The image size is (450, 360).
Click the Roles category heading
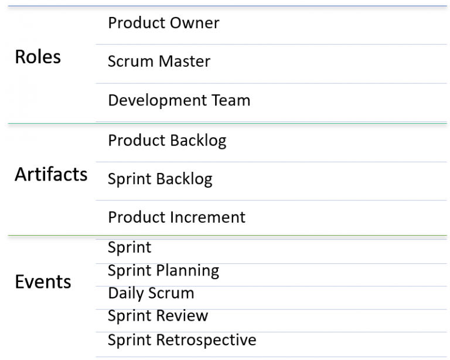point(38,56)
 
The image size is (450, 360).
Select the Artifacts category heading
point(51,174)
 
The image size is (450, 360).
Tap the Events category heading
point(43,281)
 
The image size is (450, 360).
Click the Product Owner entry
point(163,23)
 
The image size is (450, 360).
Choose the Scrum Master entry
point(159,61)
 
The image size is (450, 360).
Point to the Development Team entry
point(179,100)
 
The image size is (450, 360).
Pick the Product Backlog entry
point(167,141)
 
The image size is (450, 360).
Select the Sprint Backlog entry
point(160,179)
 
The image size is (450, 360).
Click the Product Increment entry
point(177,217)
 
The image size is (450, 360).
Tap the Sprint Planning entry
point(163,271)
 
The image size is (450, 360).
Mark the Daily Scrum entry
point(151,293)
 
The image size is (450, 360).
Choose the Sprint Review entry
point(158,316)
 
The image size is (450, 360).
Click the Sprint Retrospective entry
point(182,340)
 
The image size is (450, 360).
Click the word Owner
point(195,23)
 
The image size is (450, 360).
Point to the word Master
point(185,61)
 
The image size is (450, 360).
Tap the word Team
point(231,100)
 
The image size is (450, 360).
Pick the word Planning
point(187,271)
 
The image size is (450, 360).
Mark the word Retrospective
point(206,340)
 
